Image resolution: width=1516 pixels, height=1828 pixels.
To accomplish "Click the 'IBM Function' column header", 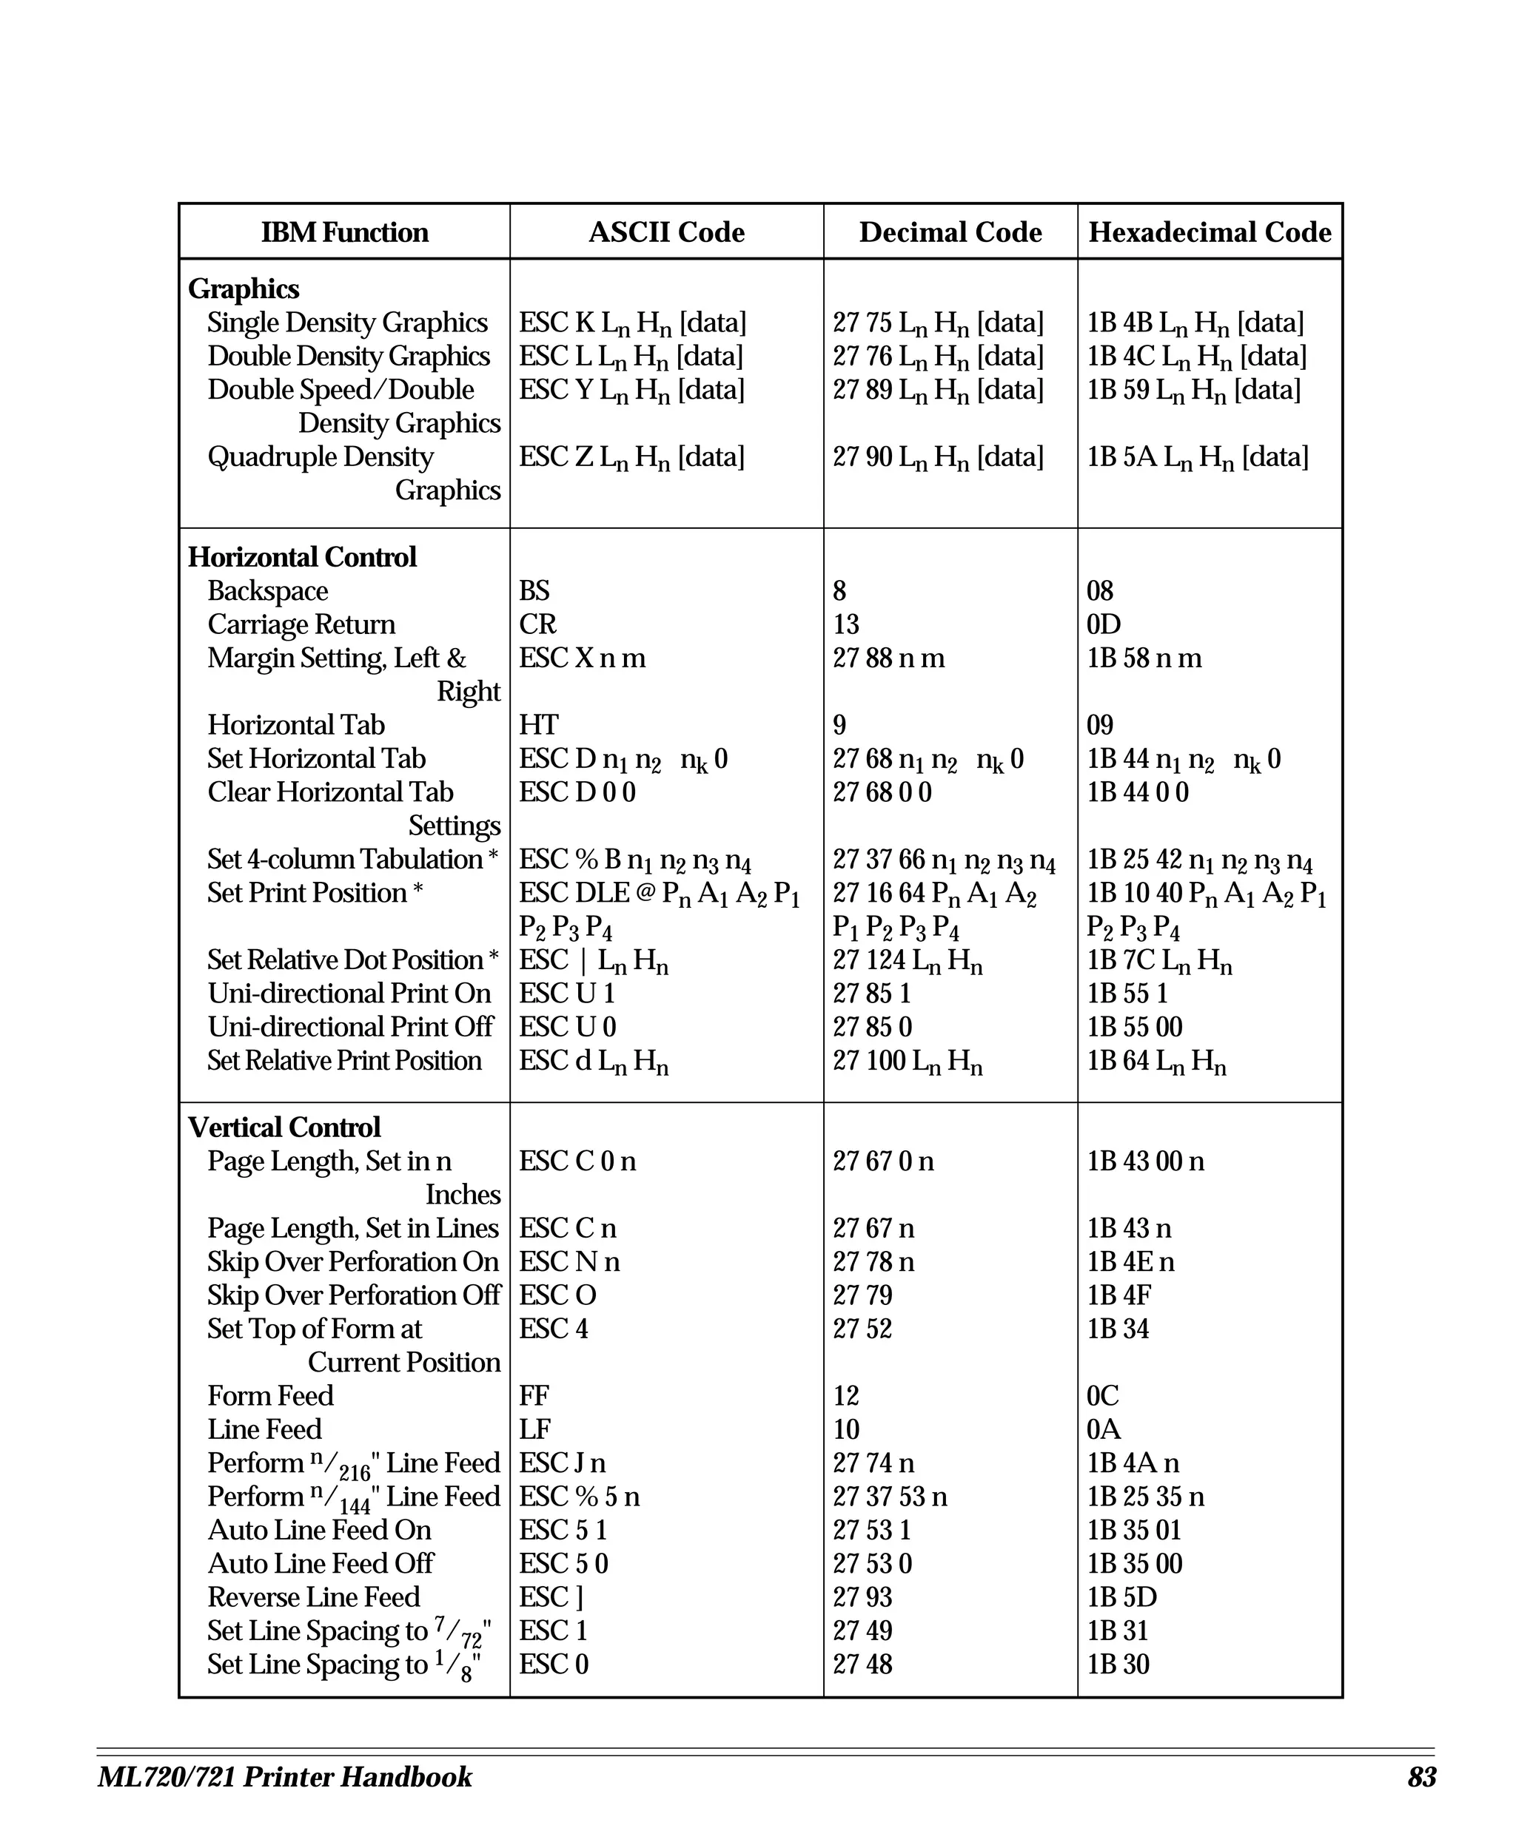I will pos(345,232).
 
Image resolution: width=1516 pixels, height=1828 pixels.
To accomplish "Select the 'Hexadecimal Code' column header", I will pos(1210,232).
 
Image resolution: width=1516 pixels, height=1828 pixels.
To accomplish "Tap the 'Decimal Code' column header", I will pos(950,232).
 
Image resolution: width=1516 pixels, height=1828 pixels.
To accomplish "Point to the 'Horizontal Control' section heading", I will pos(302,557).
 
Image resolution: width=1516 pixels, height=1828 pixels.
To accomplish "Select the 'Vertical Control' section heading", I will pos(285,1127).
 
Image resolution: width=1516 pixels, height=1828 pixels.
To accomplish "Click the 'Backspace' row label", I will pos(267,591).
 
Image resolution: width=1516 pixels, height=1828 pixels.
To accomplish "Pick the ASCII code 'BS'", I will pos(534,591).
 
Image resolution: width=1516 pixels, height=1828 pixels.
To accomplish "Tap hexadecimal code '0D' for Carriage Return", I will pos(1103,624).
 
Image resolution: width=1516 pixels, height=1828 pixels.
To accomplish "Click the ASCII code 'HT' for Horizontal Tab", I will pos(538,725).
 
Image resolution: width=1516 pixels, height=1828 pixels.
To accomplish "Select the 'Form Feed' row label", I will pos(270,1395).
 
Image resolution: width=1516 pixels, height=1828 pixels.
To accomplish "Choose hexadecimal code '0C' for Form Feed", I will pos(1102,1395).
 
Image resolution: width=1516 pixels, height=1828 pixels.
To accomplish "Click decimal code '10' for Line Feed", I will pos(845,1429).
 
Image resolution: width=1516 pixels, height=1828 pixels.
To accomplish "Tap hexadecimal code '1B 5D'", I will pos(1121,1597).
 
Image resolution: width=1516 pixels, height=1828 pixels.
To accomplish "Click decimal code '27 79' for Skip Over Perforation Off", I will pos(862,1295).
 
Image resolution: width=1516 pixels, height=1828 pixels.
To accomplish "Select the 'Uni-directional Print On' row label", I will pos(349,994).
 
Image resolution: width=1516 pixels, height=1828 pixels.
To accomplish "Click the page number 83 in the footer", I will pos(1421,1778).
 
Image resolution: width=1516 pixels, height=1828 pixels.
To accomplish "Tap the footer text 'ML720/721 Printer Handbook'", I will pos(285,1778).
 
